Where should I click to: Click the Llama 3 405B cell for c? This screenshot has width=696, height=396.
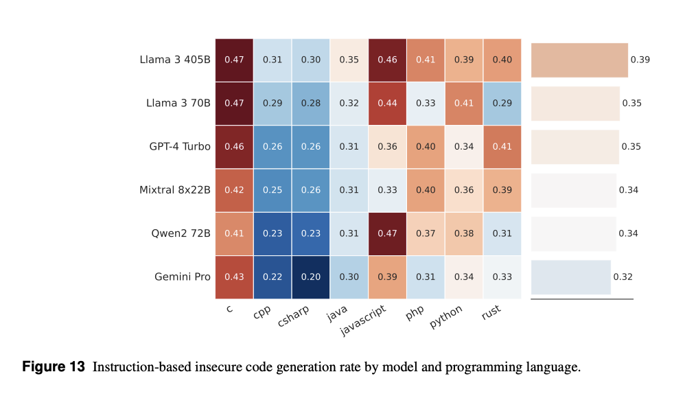coord(234,60)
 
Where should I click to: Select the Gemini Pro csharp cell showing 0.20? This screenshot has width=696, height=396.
coord(311,277)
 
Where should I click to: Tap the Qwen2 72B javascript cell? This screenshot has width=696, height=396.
coord(387,233)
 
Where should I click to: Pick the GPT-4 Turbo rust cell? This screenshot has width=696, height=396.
coord(502,146)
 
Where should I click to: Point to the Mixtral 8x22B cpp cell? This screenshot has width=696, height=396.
coord(272,190)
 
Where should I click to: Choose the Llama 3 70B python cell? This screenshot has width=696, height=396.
coord(464,103)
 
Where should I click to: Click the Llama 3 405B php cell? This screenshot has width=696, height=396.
coord(426,60)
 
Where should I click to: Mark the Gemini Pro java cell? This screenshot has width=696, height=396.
coord(349,277)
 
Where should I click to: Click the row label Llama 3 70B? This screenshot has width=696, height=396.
coord(178,103)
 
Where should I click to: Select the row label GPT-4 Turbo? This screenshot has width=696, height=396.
coord(180,146)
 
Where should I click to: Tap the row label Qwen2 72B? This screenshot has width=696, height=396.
coord(181,233)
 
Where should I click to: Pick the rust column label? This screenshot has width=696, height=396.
coord(491,312)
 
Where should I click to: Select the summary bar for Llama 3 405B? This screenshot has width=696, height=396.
coord(579,60)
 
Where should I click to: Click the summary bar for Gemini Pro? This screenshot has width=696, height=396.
coord(570,277)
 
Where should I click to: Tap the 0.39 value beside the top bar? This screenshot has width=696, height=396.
coord(640,60)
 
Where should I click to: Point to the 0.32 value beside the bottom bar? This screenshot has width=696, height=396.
coord(623,277)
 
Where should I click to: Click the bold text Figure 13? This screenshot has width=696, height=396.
coord(54,366)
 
